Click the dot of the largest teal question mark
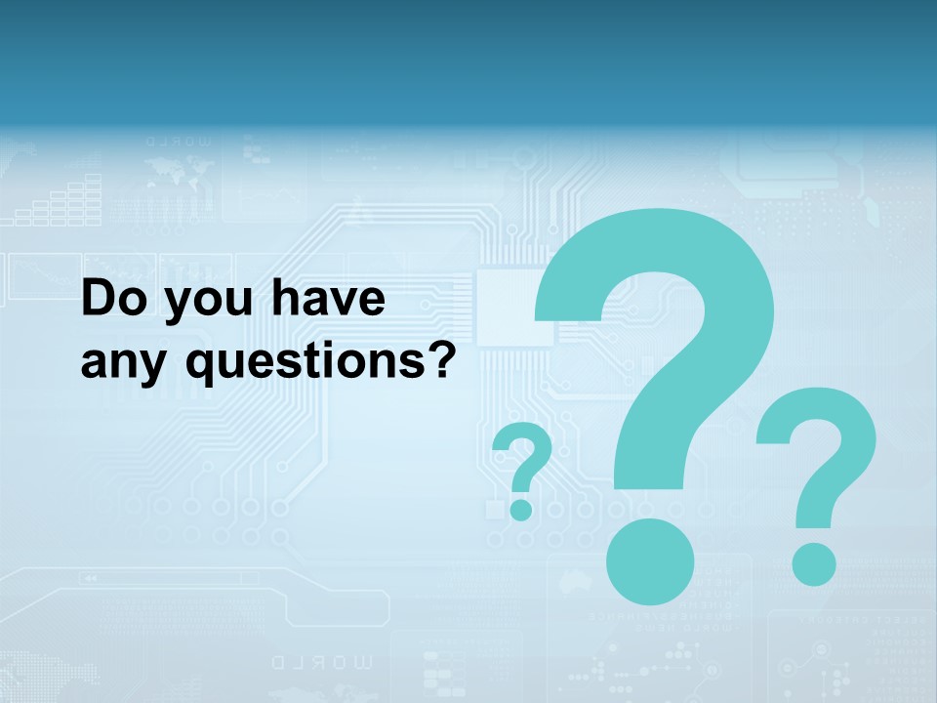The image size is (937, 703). pyautogui.click(x=649, y=559)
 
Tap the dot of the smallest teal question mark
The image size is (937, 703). pyautogui.click(x=521, y=509)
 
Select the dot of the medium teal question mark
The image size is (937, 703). pyautogui.click(x=813, y=562)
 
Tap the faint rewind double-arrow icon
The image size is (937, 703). pyautogui.click(x=90, y=579)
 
